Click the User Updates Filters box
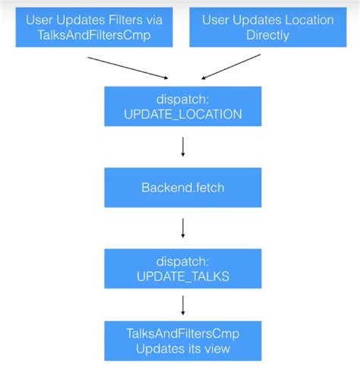click(x=95, y=27)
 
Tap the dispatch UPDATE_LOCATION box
click(x=182, y=106)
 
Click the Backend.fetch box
click(x=182, y=186)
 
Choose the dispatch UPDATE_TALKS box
click(x=182, y=266)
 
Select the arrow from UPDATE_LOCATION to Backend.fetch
click(x=182, y=146)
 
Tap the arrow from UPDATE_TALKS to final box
click(x=182, y=305)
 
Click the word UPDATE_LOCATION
click(x=182, y=115)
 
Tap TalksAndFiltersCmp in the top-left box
click(x=95, y=35)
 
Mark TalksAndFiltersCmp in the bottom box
click(x=182, y=333)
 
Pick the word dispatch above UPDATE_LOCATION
click(x=182, y=99)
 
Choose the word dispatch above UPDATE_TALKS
click(x=182, y=259)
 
